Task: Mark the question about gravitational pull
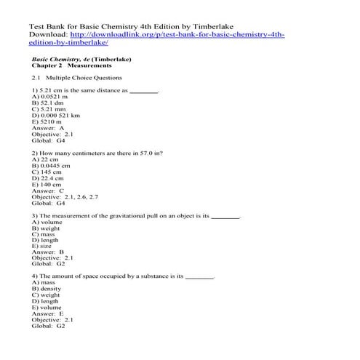point(135,217)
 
